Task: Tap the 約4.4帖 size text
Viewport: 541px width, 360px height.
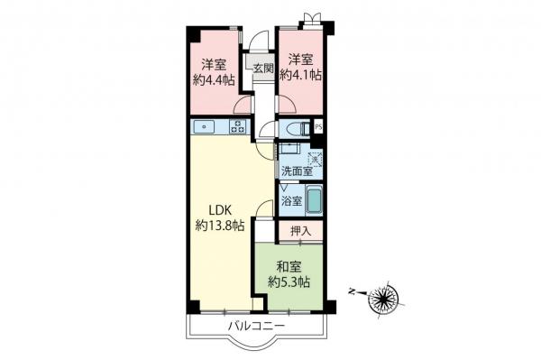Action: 214,79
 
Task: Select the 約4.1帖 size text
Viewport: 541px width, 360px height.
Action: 300,76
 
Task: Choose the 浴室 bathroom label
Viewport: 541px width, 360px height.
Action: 290,199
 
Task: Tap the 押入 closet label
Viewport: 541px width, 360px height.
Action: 300,232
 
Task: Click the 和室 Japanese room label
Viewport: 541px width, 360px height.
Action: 289,266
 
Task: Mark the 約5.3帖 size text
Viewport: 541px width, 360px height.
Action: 289,282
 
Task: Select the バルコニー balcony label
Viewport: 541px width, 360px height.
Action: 255,325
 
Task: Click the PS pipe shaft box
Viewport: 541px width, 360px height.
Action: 317,127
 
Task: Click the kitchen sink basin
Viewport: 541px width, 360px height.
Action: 205,127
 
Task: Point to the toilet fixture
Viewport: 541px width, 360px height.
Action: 292,127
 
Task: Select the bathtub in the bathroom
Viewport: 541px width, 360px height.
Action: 314,199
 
